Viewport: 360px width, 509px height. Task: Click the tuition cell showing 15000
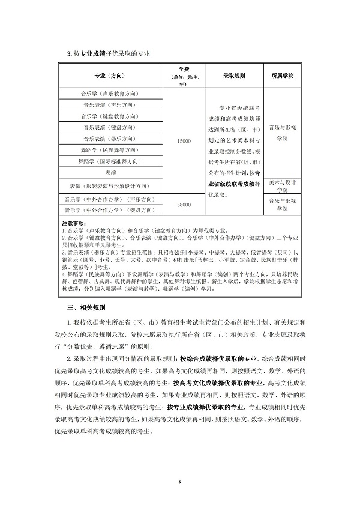184,140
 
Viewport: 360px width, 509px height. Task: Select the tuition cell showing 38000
184,205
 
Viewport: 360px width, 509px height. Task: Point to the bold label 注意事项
74,222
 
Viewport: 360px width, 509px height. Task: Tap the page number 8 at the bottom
179,482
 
